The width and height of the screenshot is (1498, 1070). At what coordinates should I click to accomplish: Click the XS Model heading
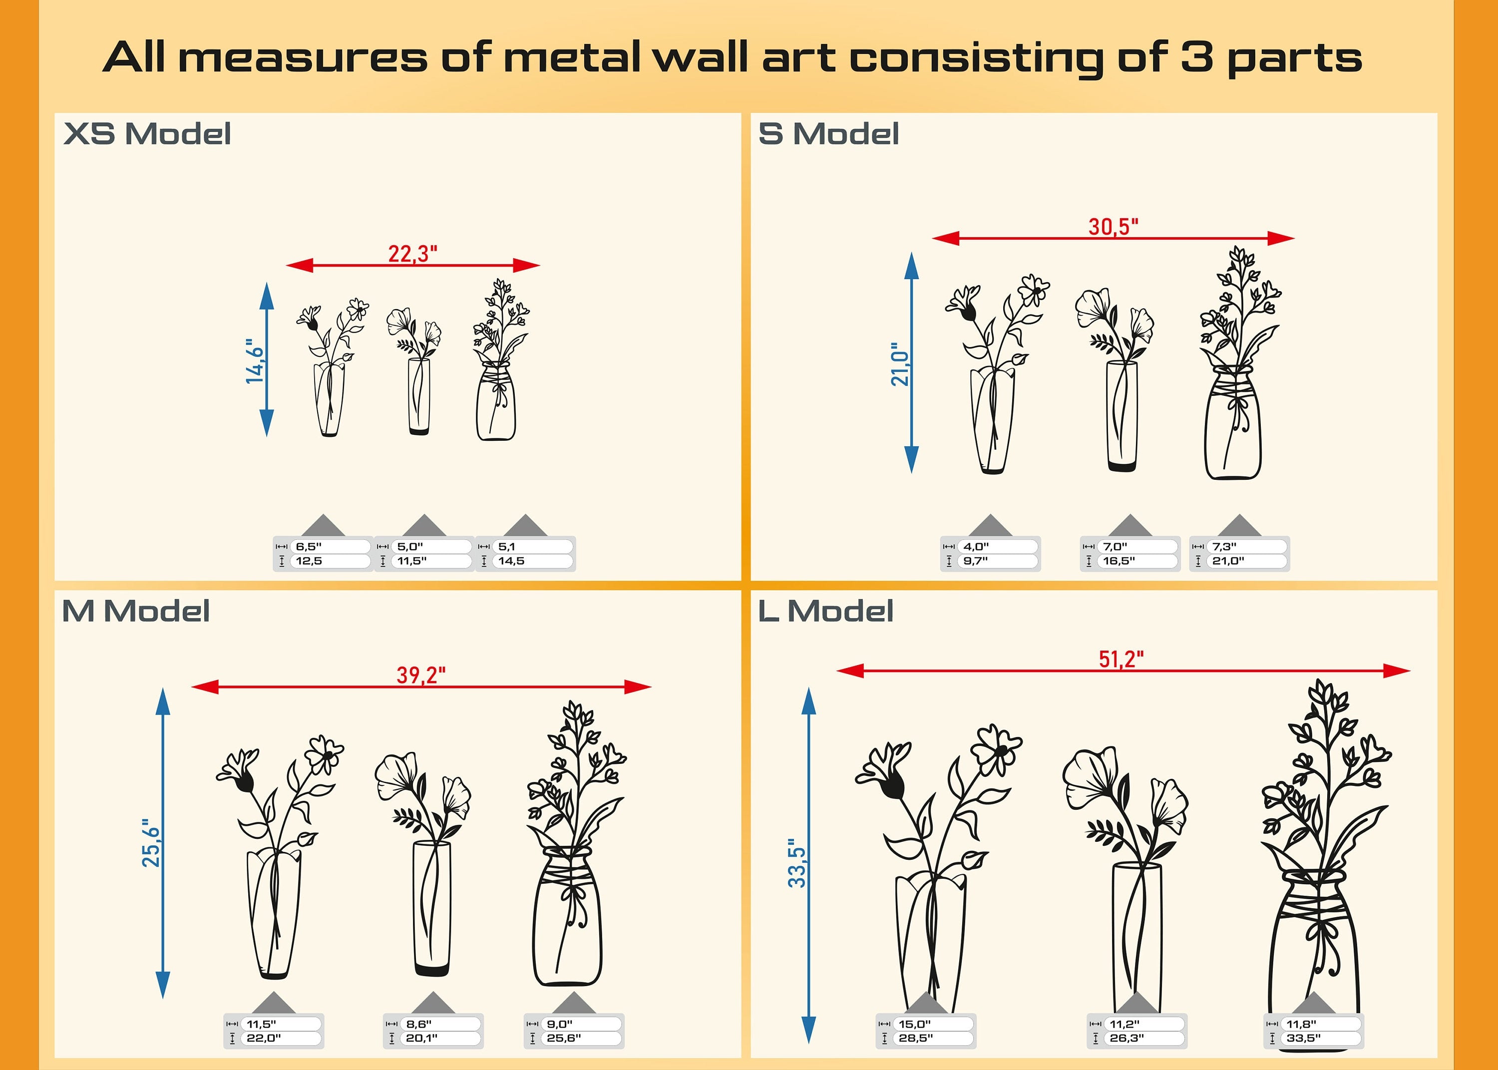coord(147,134)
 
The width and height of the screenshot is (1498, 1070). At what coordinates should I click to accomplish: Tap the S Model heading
coord(829,134)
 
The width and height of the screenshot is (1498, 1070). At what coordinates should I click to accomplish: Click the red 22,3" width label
coord(413,254)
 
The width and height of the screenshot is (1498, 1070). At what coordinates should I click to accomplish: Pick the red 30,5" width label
coord(1114,227)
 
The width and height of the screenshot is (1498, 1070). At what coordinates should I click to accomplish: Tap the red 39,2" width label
coord(421,676)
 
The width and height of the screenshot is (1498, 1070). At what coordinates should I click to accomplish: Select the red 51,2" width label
coord(1121,659)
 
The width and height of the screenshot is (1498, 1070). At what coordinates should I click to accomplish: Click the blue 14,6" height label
coord(255,361)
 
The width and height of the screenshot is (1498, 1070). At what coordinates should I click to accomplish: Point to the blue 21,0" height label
coord(900,363)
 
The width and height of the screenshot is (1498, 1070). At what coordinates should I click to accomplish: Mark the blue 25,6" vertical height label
coord(151,843)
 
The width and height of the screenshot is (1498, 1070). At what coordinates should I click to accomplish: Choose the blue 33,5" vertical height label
coord(797,863)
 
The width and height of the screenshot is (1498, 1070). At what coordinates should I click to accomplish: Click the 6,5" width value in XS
coord(308,546)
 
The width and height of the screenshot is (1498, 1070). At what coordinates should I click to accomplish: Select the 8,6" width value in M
coord(419,1024)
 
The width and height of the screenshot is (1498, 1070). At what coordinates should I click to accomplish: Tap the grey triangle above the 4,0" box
coord(990,526)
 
